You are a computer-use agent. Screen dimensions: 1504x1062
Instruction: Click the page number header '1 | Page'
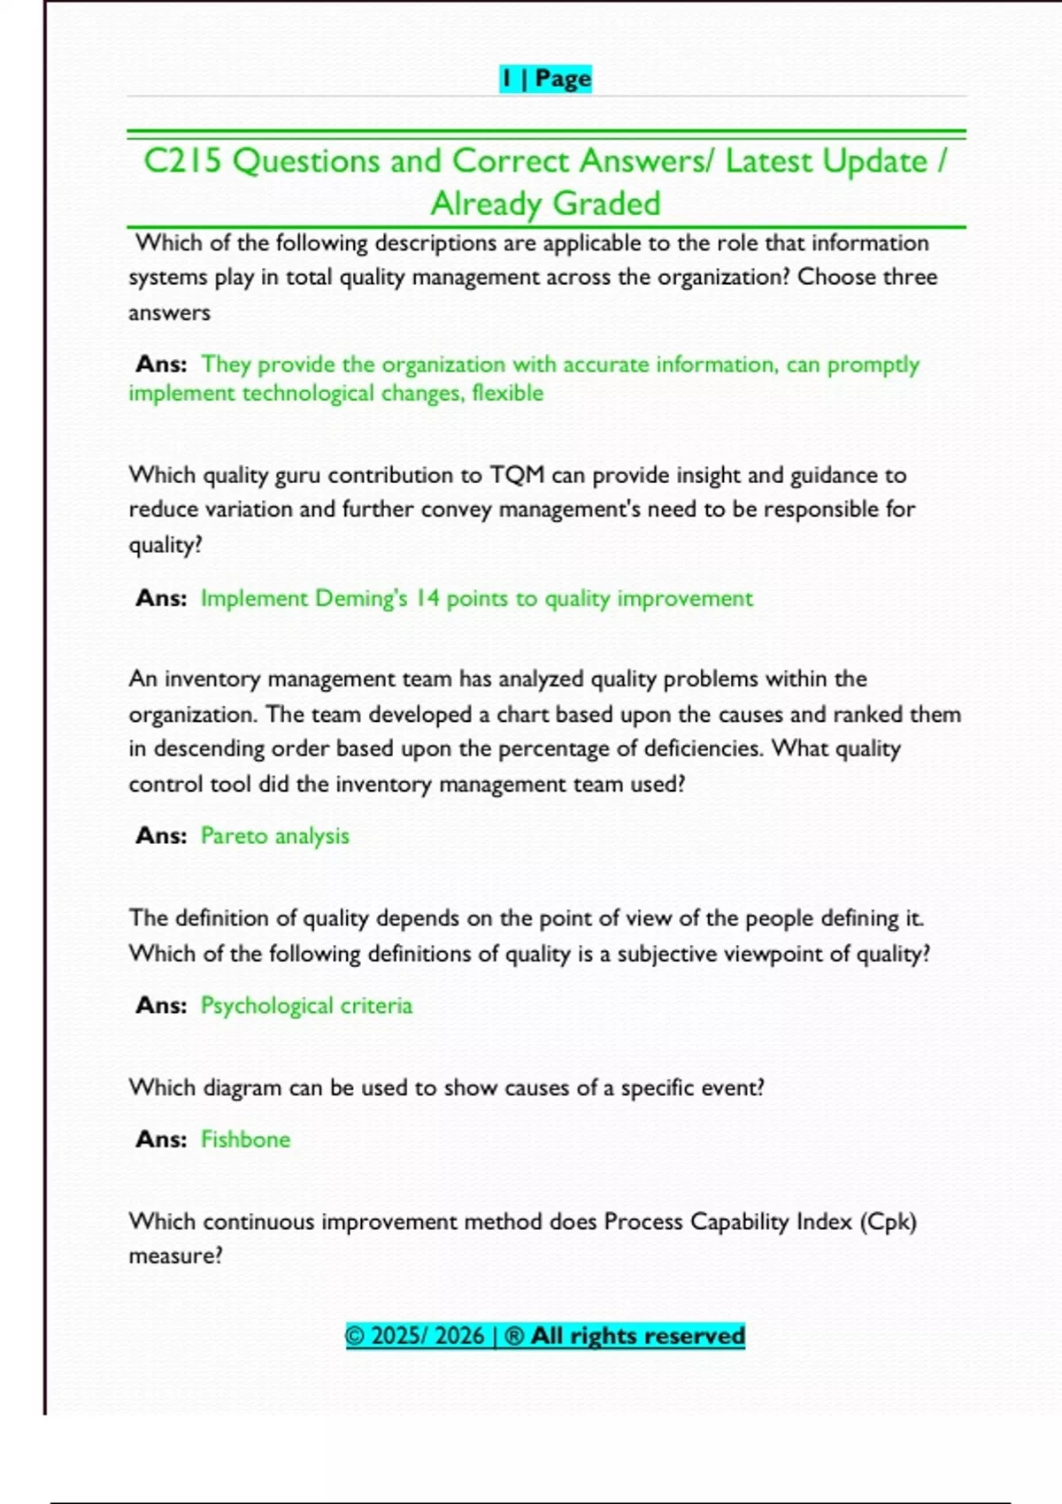pyautogui.click(x=545, y=79)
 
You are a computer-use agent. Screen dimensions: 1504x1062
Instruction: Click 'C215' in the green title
pyautogui.click(x=182, y=161)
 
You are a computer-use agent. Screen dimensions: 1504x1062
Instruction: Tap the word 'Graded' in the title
pyautogui.click(x=606, y=203)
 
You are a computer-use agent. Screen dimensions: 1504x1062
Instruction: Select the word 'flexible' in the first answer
pyautogui.click(x=507, y=393)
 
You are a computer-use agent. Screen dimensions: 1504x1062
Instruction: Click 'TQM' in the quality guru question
pyautogui.click(x=517, y=475)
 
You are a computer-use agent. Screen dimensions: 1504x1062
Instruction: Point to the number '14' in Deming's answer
pyautogui.click(x=427, y=598)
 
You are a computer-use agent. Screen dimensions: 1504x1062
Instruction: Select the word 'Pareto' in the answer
pyautogui.click(x=234, y=836)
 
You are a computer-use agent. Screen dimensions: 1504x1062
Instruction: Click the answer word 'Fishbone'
pyautogui.click(x=245, y=1140)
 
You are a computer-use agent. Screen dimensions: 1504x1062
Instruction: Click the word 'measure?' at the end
pyautogui.click(x=175, y=1256)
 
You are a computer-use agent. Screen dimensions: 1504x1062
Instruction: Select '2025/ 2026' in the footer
pyautogui.click(x=427, y=1336)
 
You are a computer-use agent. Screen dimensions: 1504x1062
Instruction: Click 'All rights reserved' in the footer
pyautogui.click(x=637, y=1336)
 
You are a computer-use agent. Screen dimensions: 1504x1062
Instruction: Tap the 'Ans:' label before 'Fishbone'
pyautogui.click(x=161, y=1140)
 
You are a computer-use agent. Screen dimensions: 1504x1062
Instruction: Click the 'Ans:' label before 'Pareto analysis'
pyautogui.click(x=161, y=836)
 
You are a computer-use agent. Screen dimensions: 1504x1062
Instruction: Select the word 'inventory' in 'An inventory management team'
pyautogui.click(x=212, y=679)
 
